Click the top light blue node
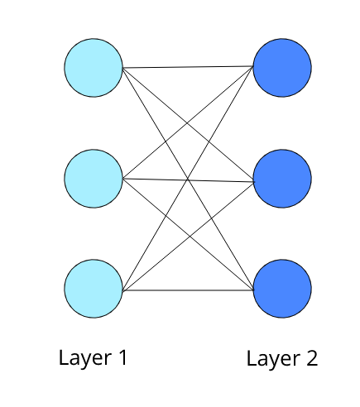(x=94, y=67)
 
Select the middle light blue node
(x=94, y=178)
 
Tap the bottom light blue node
(x=94, y=290)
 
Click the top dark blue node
(x=282, y=67)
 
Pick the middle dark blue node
(x=282, y=178)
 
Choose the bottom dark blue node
(x=282, y=290)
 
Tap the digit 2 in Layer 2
(x=310, y=358)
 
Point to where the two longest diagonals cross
(x=188, y=179)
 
